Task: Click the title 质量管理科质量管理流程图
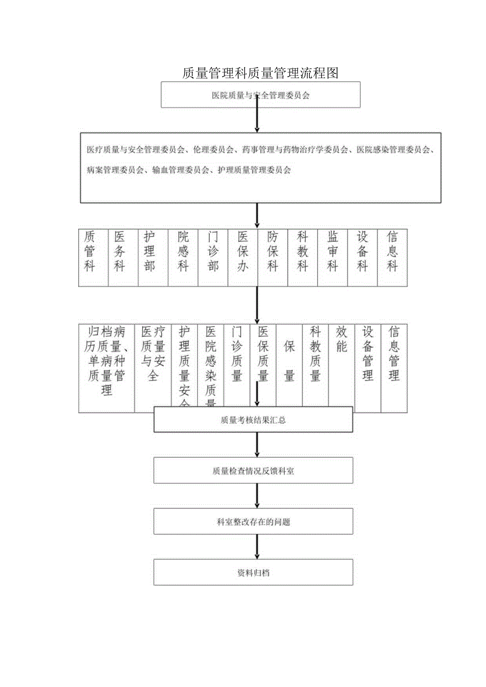260,73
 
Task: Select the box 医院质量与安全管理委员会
260,96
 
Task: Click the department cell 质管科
90,251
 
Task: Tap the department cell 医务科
120,251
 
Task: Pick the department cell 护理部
150,251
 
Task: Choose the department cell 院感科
183,251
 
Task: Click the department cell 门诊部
213,251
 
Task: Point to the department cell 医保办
243,251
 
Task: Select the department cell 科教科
303,251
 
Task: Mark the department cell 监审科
333,251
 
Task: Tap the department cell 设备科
362,251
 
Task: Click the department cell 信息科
392,251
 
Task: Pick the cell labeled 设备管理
368,354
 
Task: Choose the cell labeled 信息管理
394,354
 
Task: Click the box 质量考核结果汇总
253,420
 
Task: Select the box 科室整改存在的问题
253,522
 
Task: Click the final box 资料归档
253,572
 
